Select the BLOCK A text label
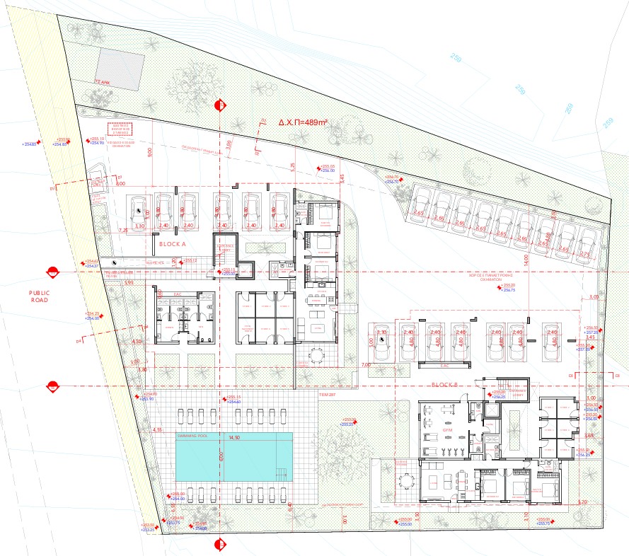172,243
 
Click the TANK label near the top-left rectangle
104,82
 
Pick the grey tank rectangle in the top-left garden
121,68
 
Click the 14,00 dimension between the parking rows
526,261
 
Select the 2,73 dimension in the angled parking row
584,253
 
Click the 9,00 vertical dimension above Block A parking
149,151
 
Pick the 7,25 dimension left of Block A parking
122,230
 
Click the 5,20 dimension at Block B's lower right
582,502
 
